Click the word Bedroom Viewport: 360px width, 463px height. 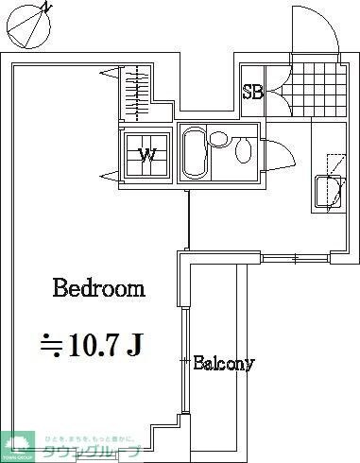(98, 288)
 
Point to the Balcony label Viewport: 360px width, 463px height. (223, 363)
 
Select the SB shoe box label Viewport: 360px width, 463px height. (252, 92)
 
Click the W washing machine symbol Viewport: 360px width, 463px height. (148, 154)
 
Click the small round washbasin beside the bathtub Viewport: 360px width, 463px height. (219, 140)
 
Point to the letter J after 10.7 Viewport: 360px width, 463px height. (134, 345)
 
